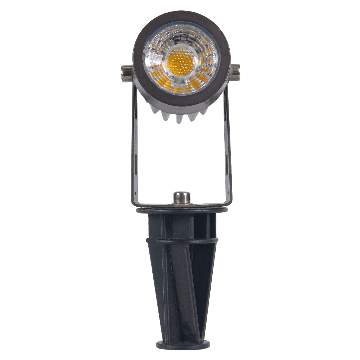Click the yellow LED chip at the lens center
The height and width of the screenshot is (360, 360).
point(181,60)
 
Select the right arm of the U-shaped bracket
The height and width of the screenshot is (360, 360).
point(228,144)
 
